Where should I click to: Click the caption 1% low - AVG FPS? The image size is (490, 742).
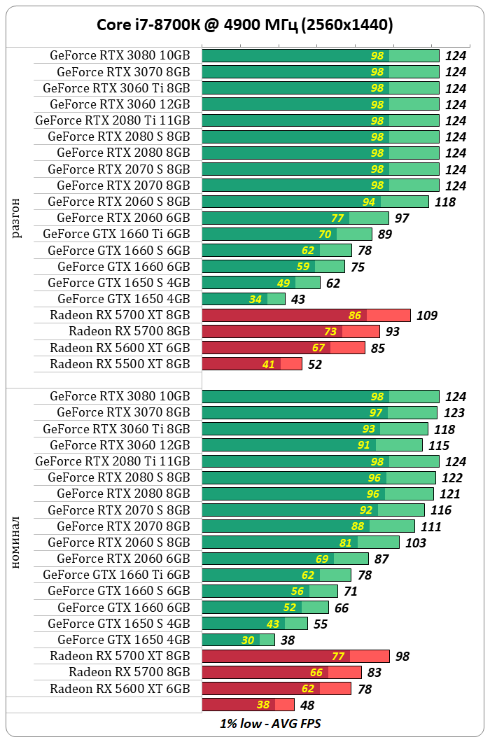pos(270,723)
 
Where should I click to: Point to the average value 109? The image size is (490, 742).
pos(427,316)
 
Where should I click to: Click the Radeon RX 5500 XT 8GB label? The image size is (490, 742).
pos(120,364)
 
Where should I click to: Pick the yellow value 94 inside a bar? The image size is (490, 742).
pos(368,202)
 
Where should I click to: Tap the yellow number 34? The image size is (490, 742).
pos(255,300)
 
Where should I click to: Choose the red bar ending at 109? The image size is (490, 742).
pos(306,316)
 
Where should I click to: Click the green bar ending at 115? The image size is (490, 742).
pos(312,445)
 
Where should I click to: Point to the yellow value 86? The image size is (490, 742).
pos(354,316)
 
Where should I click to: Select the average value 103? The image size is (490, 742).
pos(416,542)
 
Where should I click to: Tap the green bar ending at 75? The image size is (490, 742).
pos(273,267)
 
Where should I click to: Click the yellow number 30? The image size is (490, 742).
pos(248,640)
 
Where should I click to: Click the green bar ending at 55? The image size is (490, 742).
pos(254,624)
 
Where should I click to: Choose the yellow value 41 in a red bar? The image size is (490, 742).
pos(268,364)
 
